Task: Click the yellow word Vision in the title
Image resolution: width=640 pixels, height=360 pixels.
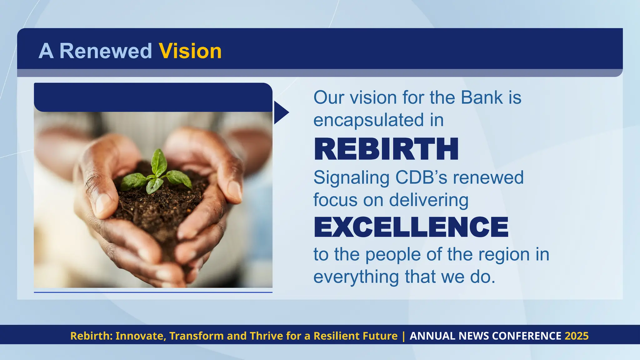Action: tap(190, 51)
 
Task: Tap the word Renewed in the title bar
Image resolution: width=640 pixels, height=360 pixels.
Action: tap(106, 51)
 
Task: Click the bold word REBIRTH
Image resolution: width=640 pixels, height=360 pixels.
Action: tap(386, 149)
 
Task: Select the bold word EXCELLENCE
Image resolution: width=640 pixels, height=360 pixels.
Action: tap(411, 227)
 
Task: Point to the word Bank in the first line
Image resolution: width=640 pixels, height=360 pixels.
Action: tap(482, 97)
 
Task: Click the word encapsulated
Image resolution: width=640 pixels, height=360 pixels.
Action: tap(369, 120)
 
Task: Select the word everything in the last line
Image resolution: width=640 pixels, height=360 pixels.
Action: tap(356, 277)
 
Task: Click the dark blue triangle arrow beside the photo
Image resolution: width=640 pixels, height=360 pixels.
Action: tap(280, 112)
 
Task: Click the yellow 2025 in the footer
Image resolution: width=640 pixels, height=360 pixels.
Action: tap(577, 336)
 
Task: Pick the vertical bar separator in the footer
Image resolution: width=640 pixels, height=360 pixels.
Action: tap(403, 336)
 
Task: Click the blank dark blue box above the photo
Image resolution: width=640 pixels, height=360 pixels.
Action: tap(153, 97)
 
